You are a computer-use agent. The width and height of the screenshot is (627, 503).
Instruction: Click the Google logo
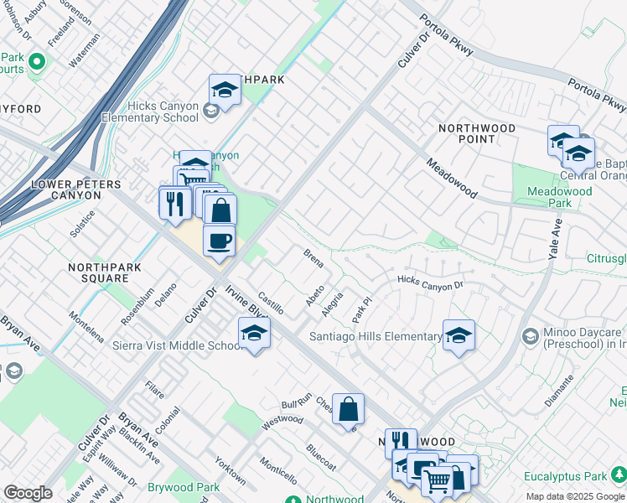[28, 493]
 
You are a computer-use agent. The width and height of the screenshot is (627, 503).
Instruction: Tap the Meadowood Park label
[560, 197]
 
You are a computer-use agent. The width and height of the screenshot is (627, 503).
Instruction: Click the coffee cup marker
[220, 241]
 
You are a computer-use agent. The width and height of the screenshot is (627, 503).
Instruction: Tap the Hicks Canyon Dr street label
[430, 283]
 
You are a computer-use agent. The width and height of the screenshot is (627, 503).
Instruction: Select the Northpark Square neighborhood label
[105, 272]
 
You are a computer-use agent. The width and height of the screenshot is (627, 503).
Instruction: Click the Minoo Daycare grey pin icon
[530, 337]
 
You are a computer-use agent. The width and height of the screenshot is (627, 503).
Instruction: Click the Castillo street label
[272, 303]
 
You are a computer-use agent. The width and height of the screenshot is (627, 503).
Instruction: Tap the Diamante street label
[559, 390]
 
